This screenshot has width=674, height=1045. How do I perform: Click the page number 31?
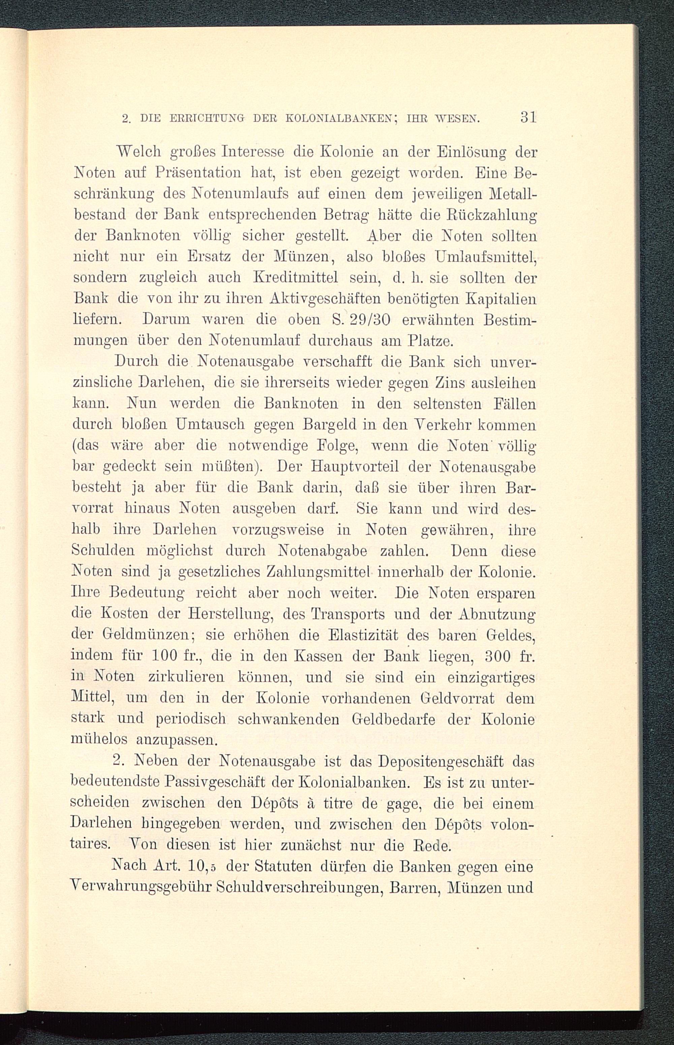tap(528, 118)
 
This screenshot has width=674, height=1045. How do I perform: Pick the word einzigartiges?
tap(491, 677)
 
